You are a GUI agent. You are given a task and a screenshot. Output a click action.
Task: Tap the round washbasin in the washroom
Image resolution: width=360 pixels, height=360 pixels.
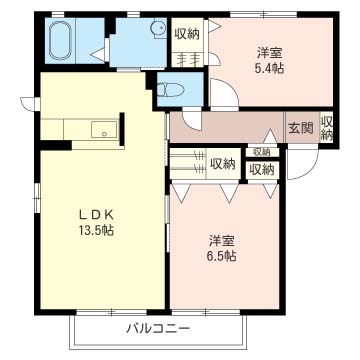tap(158, 29)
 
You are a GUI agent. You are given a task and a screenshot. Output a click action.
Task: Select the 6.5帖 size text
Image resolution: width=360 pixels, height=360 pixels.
tap(222, 256)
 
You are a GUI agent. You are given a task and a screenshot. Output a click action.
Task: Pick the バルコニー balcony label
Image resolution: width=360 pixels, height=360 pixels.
tap(157, 329)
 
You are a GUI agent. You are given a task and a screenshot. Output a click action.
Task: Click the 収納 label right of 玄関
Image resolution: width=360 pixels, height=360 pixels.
tap(327, 127)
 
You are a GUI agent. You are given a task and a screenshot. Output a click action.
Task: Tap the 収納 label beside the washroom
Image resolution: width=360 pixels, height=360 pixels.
tap(186, 33)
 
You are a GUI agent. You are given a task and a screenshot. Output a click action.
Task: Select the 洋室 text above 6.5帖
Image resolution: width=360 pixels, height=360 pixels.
tap(222, 240)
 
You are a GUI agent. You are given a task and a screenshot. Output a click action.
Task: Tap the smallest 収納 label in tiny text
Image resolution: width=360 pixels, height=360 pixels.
tap(261, 151)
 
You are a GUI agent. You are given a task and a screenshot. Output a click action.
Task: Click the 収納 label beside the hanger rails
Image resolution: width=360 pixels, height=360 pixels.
tap(222, 163)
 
